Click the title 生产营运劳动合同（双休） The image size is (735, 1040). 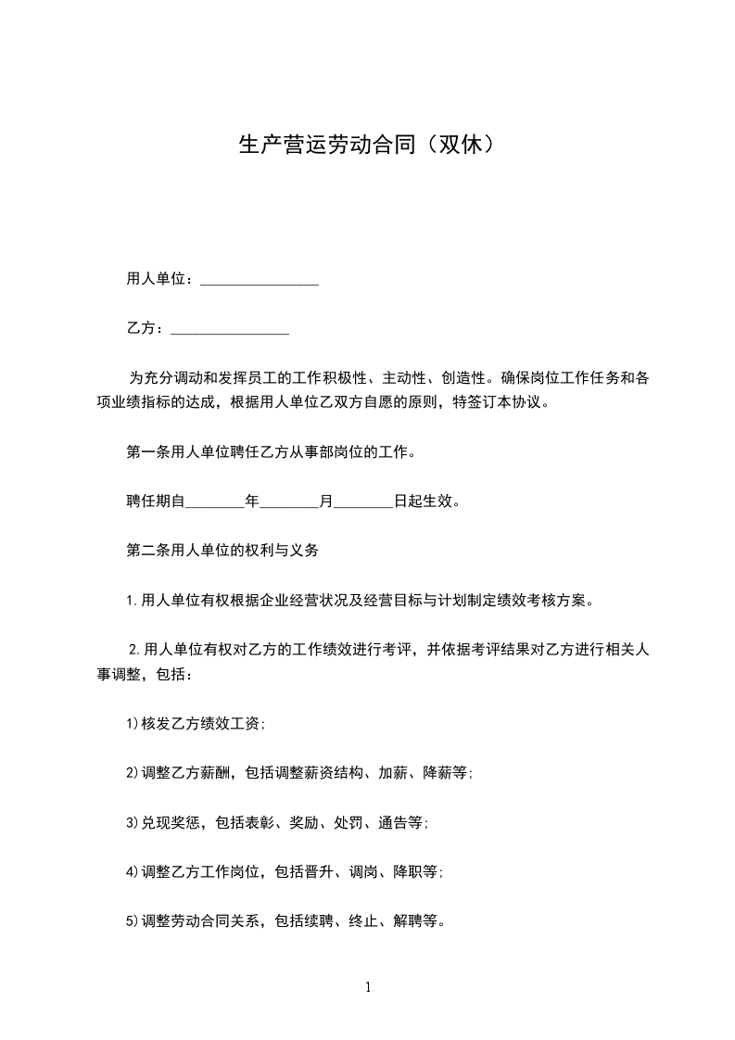(367, 145)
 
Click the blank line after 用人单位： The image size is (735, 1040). (260, 279)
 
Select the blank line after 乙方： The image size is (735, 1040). (230, 328)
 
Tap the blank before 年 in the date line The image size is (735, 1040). (215, 501)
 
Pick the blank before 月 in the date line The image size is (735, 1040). (288, 501)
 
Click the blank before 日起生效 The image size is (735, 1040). (362, 501)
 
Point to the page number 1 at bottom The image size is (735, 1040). (368, 987)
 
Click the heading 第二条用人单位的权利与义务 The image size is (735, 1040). (222, 551)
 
